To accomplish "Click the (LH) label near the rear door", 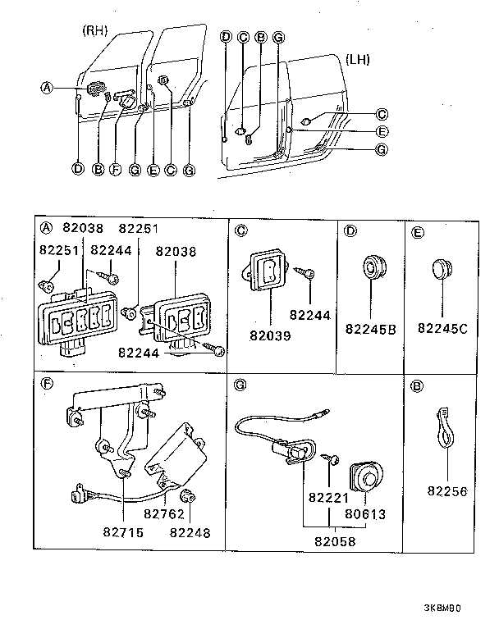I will [358, 59].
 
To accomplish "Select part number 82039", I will [269, 335].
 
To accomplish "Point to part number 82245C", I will [442, 328].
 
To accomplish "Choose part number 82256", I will [446, 492].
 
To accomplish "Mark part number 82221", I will [328, 498].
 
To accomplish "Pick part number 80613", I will [367, 514].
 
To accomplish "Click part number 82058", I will [334, 541].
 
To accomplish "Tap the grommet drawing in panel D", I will [373, 267].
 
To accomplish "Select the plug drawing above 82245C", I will [443, 270].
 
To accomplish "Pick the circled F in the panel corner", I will [47, 382].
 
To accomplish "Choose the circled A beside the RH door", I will [47, 88].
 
